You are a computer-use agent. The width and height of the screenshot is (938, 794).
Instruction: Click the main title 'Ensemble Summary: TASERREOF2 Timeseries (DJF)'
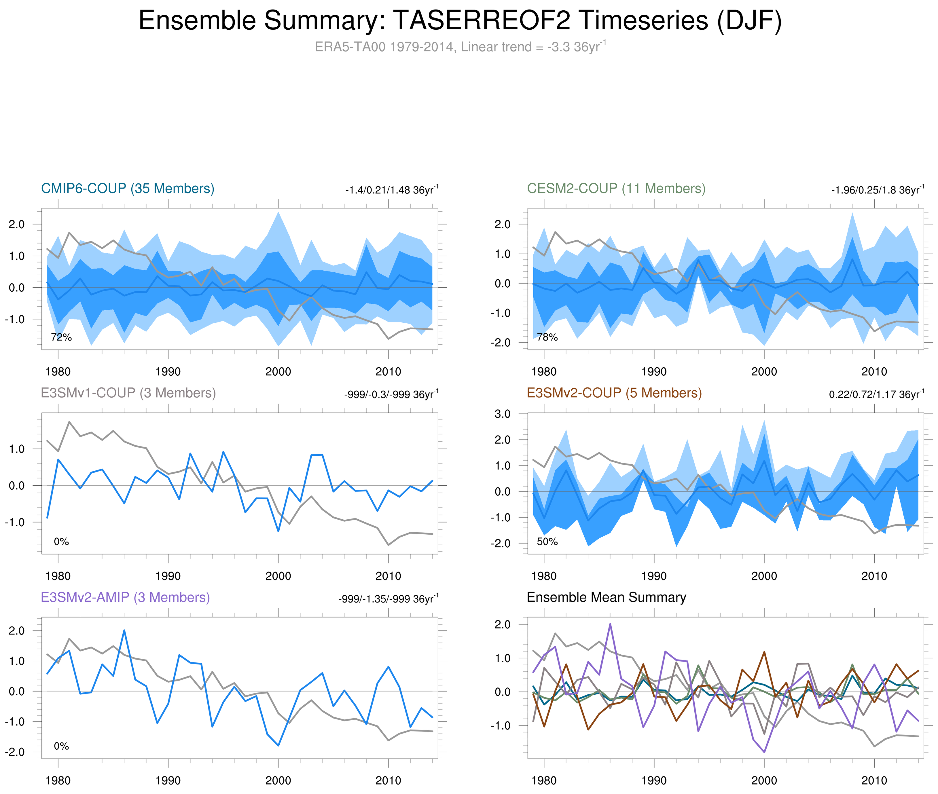pyautogui.click(x=459, y=21)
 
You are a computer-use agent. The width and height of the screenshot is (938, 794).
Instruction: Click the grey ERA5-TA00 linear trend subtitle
pyautogui.click(x=459, y=47)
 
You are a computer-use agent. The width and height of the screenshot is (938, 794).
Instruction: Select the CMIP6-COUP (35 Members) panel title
pyautogui.click(x=128, y=189)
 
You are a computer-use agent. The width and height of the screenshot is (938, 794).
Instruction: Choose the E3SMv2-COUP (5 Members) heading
pyautogui.click(x=614, y=393)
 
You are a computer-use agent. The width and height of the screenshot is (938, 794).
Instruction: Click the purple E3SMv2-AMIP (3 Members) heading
pyautogui.click(x=125, y=597)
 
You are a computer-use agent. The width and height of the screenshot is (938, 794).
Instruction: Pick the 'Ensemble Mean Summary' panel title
pyautogui.click(x=606, y=597)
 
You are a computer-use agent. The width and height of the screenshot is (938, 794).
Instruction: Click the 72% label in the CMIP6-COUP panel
pyautogui.click(x=61, y=337)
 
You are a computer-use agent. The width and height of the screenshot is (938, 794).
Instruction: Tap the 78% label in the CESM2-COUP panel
pyautogui.click(x=547, y=337)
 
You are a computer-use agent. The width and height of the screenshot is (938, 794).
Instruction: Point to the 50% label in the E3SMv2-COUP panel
pyautogui.click(x=547, y=542)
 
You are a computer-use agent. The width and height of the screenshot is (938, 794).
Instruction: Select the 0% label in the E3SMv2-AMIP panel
pyautogui.click(x=61, y=746)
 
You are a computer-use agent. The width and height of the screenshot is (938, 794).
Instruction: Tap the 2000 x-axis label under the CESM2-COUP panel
pyautogui.click(x=764, y=372)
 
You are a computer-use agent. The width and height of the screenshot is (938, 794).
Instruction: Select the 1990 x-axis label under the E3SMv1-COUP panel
pyautogui.click(x=168, y=576)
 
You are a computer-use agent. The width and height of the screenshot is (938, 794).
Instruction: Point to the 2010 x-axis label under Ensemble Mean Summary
pyautogui.click(x=874, y=780)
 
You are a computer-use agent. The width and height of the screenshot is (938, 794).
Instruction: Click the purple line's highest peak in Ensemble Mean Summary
pyautogui.click(x=610, y=624)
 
